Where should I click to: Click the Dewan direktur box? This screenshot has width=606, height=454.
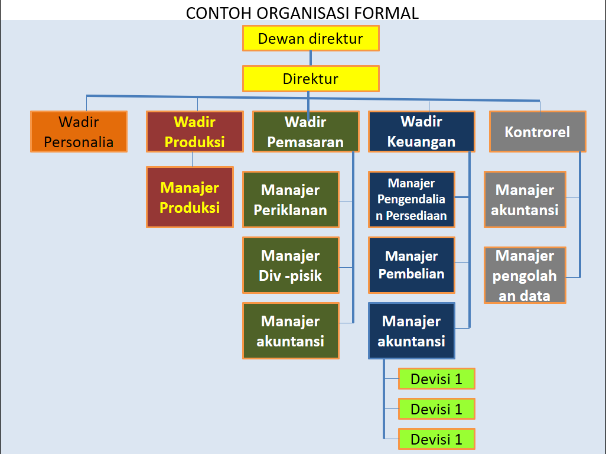310,38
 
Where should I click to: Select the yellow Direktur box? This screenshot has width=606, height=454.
310,79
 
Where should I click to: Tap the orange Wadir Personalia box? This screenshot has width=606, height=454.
79,132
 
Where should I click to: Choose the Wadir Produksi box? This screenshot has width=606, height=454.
194,132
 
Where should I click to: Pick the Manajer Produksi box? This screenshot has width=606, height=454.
190,197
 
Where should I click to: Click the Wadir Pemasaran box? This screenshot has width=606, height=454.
305,132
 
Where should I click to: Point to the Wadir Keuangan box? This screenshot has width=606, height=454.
421,132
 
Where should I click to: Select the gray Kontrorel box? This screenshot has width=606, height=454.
537,132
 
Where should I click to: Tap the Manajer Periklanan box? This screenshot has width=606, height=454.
291,200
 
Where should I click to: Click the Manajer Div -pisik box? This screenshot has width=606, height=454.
291,265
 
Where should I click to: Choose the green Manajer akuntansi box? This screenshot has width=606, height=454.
291,331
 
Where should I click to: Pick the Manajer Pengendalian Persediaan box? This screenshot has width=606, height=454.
411,199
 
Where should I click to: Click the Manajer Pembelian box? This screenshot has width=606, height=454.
411,265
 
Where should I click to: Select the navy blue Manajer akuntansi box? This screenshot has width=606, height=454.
411,331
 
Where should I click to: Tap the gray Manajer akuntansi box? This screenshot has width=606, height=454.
524,200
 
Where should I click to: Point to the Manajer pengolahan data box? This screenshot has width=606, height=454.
524,275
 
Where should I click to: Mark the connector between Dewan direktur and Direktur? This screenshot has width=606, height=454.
310,58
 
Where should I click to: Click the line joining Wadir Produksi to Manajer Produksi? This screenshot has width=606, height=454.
193,160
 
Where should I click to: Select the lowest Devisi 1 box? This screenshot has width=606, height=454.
436,439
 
